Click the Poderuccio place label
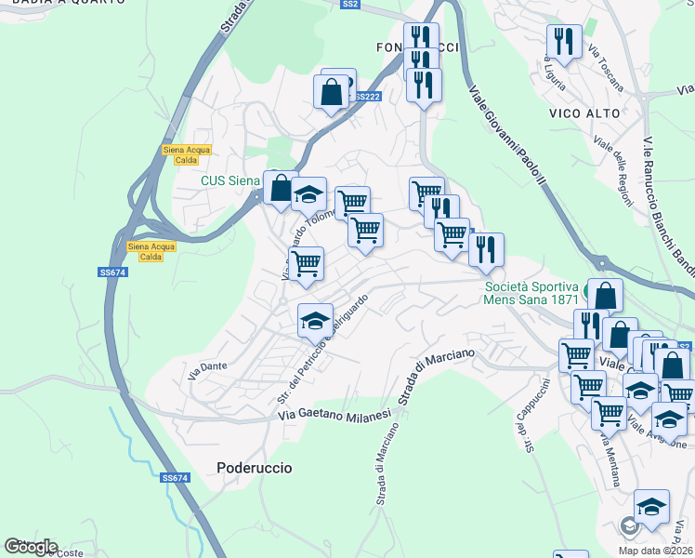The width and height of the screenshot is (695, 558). pyautogui.click(x=254, y=468)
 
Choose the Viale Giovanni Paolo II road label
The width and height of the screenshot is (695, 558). pyautogui.click(x=507, y=139)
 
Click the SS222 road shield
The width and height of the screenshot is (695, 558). pyautogui.click(x=368, y=97)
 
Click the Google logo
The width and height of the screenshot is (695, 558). pyautogui.click(x=31, y=546)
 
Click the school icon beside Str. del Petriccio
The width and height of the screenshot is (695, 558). pyautogui.click(x=315, y=320)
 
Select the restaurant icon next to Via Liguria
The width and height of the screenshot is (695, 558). pyautogui.click(x=564, y=40)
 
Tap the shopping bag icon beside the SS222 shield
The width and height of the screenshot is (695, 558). pyautogui.click(x=332, y=91)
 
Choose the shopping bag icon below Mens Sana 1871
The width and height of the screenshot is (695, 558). pyautogui.click(x=605, y=296)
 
